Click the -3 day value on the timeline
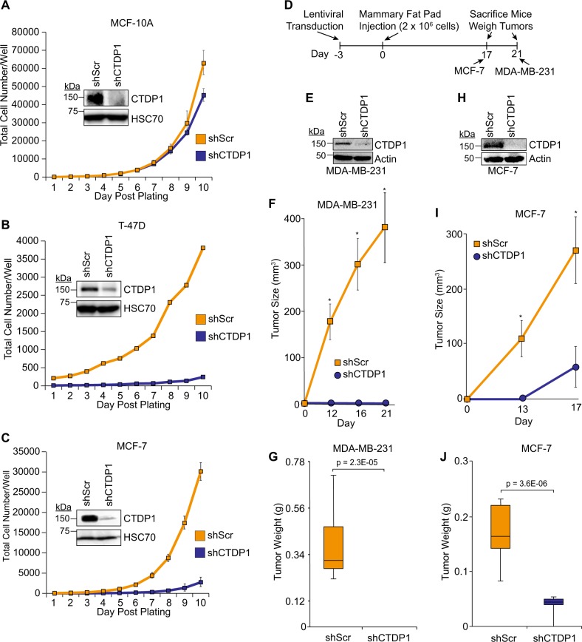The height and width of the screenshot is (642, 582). click(x=337, y=54)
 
